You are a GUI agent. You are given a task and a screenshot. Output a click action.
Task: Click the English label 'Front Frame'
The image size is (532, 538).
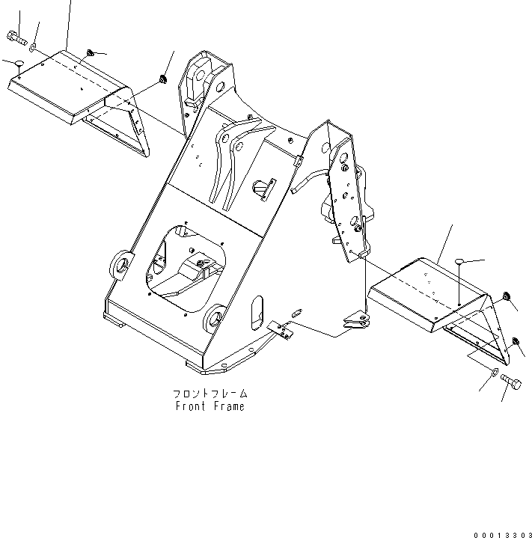(210, 406)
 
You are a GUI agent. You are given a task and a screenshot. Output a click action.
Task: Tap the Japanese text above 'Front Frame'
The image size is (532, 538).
(210, 393)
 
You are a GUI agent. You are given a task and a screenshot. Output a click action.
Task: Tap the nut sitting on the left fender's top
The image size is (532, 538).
(89, 52)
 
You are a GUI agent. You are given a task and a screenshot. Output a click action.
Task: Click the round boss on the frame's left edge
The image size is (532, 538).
(121, 263)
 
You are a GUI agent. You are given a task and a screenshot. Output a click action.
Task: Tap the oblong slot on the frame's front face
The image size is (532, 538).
(254, 310)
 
